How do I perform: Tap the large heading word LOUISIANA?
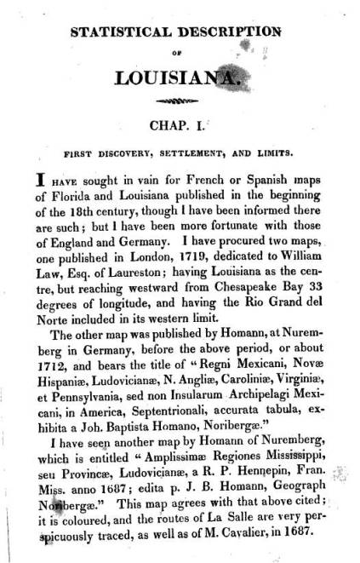(183, 78)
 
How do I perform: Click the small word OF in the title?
(183, 53)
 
